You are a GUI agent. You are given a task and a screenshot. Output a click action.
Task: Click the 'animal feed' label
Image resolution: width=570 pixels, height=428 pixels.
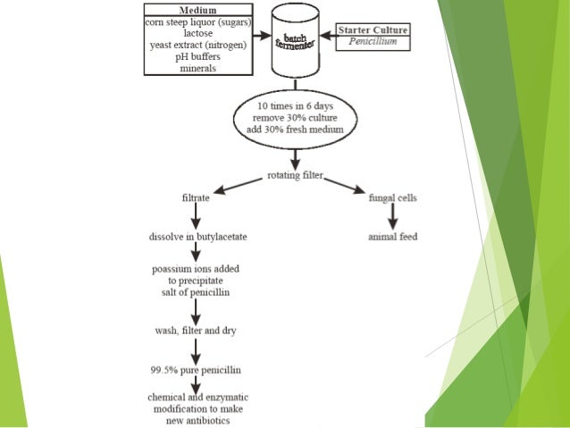pos(392,237)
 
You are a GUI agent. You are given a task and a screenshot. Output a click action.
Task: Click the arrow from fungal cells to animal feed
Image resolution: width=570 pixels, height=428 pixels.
pos(391,215)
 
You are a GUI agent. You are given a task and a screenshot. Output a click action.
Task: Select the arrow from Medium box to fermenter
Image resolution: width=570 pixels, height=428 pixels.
pos(258,37)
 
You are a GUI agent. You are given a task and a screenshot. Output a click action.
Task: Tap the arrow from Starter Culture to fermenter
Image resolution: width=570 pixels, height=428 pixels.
pos(323,37)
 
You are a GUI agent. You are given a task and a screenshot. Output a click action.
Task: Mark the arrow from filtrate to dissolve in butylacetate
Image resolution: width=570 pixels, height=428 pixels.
pos(194,215)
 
